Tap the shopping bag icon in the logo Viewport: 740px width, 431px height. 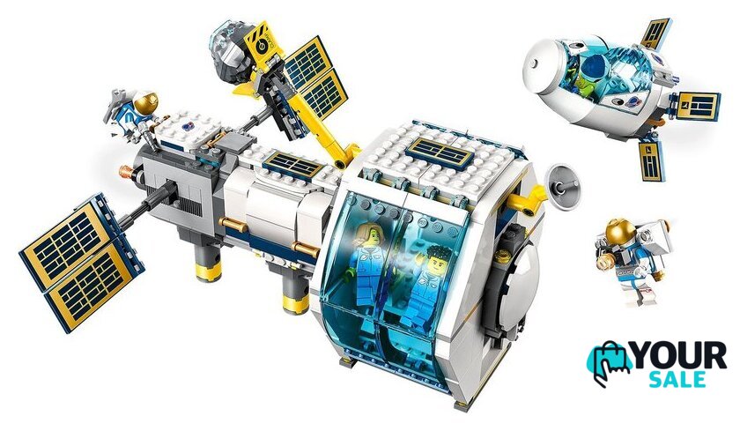point(608,363)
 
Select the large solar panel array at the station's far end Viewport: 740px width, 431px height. point(82,261)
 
